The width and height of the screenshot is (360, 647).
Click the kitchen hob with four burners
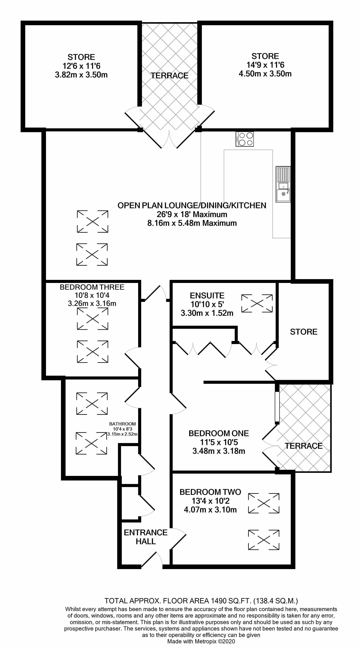pos(244,139)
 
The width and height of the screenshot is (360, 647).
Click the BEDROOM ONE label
pos(219,433)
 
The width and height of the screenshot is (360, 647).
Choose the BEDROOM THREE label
pos(92,287)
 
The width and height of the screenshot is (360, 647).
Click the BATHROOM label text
pos(122,424)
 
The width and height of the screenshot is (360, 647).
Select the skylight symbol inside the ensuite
pos(257,303)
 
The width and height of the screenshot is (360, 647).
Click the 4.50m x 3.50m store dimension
pos(265,74)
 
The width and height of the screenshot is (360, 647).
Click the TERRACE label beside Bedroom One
pos(303,446)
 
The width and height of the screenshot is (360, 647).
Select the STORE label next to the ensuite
pos(303,332)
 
